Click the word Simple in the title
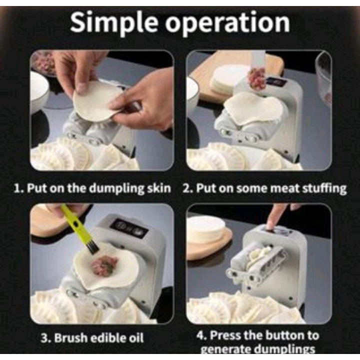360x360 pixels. click(114, 22)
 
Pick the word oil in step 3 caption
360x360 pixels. click(137, 337)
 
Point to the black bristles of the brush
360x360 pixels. click(93, 248)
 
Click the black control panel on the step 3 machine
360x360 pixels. click(129, 228)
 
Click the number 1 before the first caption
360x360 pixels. click(17, 188)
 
